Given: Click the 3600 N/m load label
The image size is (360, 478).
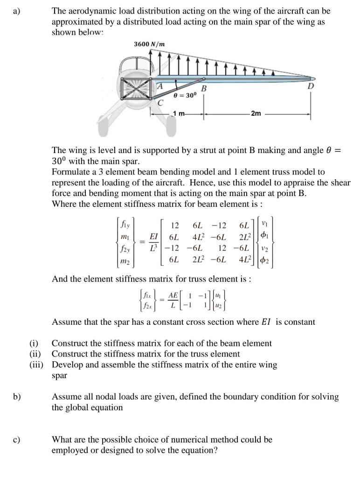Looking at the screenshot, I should [x=149, y=44].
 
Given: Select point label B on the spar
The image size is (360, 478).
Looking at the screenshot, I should [x=203, y=89].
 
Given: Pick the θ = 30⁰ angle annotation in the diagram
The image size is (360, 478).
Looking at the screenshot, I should [x=185, y=95].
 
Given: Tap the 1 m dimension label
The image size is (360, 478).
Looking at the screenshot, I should [x=179, y=113].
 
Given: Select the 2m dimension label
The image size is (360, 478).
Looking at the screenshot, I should [x=256, y=113].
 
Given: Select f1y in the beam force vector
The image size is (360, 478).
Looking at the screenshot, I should [x=125, y=223].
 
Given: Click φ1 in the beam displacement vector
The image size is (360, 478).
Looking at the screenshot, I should [x=266, y=232].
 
